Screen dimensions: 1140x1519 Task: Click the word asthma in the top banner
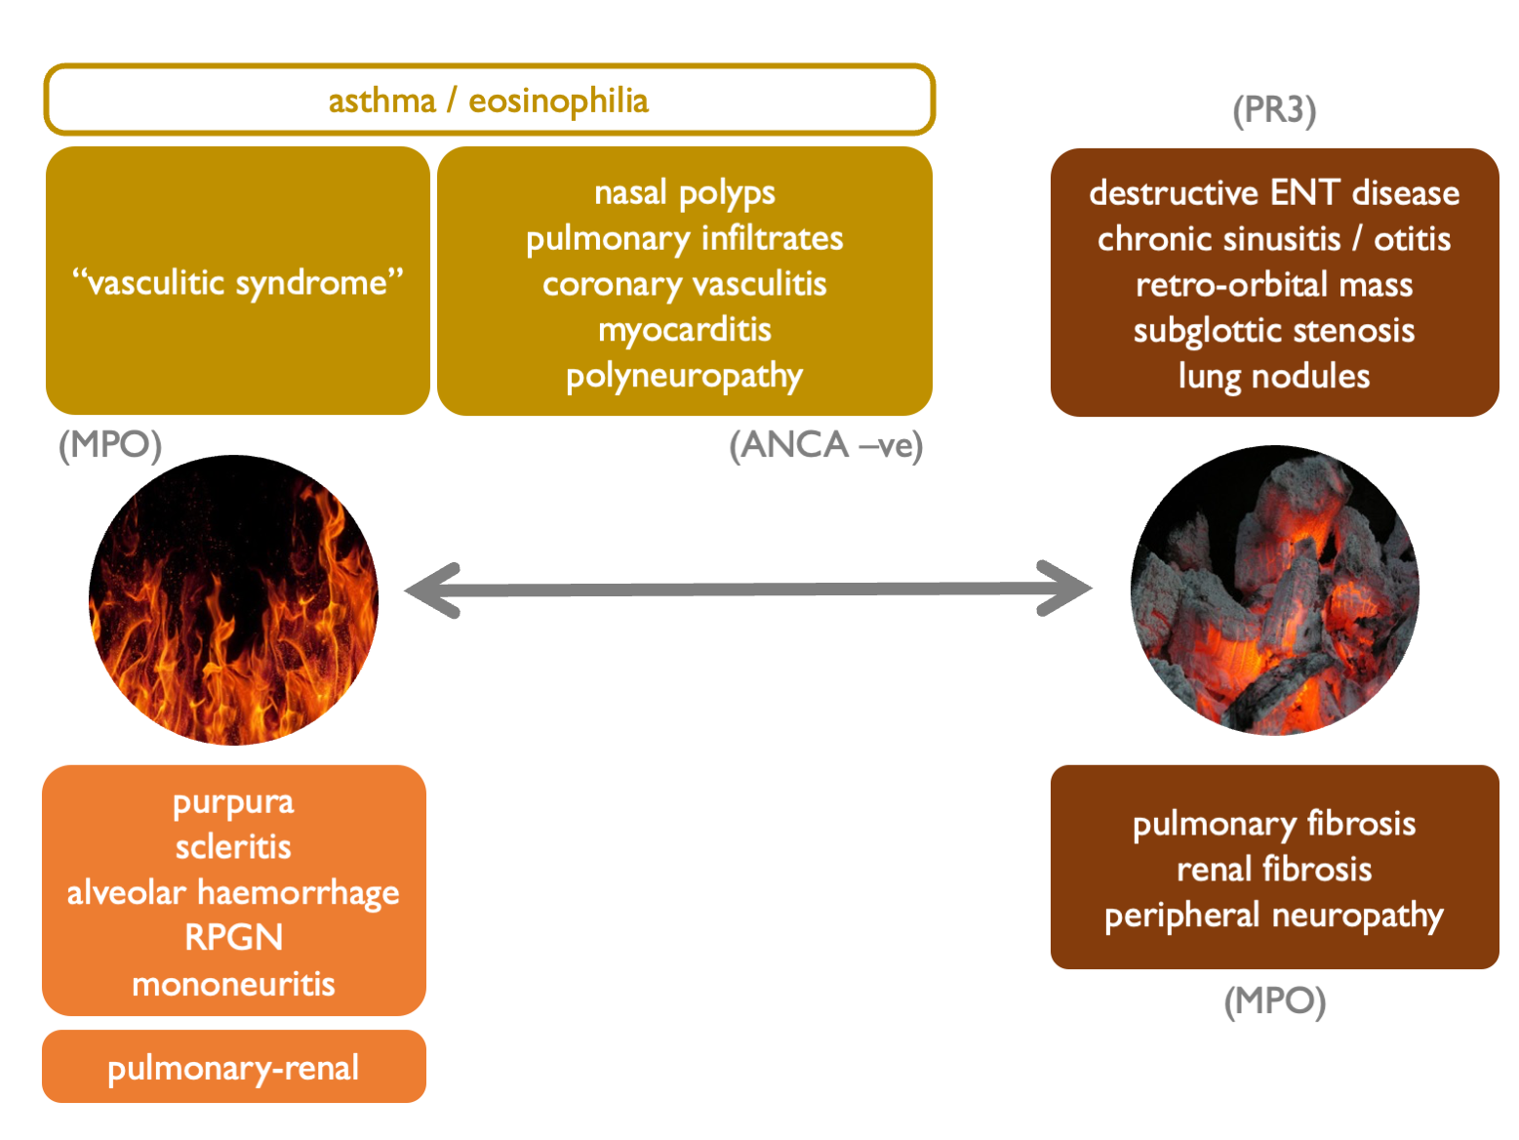(x=381, y=101)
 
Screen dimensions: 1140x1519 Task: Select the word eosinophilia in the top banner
(x=558, y=101)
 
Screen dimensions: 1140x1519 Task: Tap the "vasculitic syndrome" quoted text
(x=237, y=282)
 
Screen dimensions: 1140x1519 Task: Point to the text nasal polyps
(x=684, y=192)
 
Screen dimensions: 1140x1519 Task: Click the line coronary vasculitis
(x=684, y=284)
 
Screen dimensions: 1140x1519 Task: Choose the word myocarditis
(x=684, y=330)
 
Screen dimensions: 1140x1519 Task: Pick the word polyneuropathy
(x=684, y=376)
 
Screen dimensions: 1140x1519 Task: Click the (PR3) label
(x=1274, y=109)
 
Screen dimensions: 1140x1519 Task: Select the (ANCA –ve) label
(x=825, y=445)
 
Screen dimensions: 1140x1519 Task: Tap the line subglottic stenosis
(x=1273, y=331)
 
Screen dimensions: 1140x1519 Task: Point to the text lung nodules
(x=1273, y=377)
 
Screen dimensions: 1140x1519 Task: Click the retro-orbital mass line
(x=1273, y=285)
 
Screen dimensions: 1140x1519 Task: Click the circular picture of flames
(x=233, y=599)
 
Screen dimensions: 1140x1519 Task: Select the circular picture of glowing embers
(x=1274, y=590)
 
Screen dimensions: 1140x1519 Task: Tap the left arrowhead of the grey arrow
(x=429, y=590)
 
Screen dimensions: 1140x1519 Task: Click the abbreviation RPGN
(x=233, y=938)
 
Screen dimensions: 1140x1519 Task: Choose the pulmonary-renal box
(x=233, y=1067)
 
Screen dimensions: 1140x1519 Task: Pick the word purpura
(x=233, y=802)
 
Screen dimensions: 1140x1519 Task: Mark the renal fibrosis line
(x=1273, y=870)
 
